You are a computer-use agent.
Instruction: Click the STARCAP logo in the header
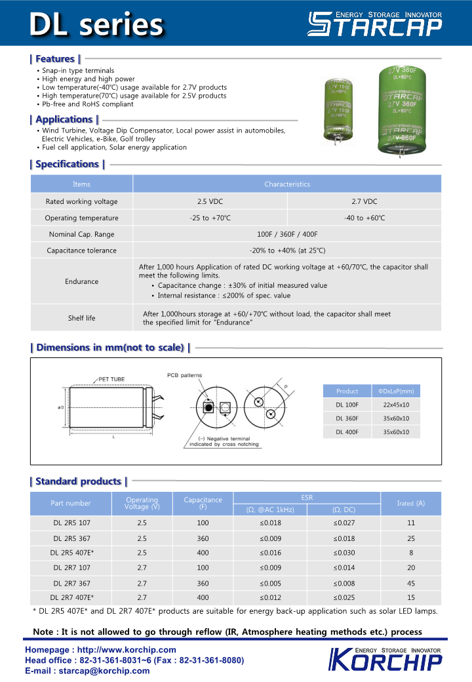point(375,23)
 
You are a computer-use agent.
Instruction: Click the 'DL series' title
point(96,24)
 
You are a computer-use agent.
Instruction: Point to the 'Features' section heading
point(55,59)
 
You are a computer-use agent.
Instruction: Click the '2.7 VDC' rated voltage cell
point(364,201)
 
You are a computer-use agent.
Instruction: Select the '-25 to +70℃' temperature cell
point(210,218)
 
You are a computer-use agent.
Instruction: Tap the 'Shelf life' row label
point(81,318)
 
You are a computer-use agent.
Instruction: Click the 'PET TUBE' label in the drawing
point(111,379)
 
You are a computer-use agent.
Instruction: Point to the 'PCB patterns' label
point(185,375)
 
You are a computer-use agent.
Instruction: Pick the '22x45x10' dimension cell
point(396,405)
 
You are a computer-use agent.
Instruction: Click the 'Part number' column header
point(71,503)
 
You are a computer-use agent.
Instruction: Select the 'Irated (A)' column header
point(410,503)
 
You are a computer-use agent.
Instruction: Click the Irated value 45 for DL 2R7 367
point(411,583)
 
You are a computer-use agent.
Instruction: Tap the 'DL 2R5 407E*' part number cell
point(72,553)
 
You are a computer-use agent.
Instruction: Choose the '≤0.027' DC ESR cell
point(344,523)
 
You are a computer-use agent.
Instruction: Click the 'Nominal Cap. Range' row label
point(81,234)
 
